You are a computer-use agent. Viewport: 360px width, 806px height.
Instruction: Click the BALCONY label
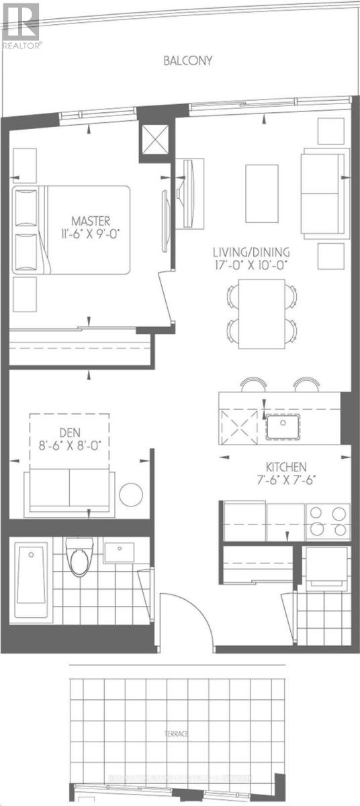pyautogui.click(x=188, y=60)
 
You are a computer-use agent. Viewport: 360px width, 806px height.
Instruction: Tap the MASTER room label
pyautogui.click(x=92, y=220)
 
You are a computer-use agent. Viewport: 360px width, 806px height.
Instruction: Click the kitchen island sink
pyautogui.click(x=282, y=427)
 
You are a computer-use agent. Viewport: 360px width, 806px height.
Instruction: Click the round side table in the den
pyautogui.click(x=131, y=494)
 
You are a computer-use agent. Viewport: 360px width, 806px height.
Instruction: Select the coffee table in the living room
pyautogui.click(x=261, y=193)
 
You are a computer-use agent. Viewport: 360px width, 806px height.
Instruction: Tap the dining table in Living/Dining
pyautogui.click(x=262, y=315)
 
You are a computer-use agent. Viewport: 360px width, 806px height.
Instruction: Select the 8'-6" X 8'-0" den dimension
pyautogui.click(x=69, y=443)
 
